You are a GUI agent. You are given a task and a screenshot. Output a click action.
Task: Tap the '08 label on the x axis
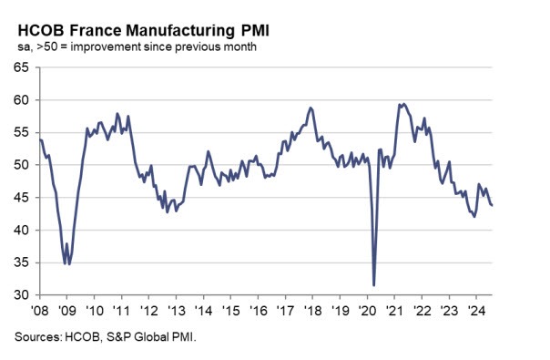40,310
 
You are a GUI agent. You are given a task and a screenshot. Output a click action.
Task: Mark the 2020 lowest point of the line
374,285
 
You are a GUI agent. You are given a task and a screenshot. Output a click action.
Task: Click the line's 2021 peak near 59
403,104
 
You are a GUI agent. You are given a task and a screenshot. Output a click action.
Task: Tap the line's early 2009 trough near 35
66,263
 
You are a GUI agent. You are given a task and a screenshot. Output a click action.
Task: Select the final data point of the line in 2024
493,205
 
